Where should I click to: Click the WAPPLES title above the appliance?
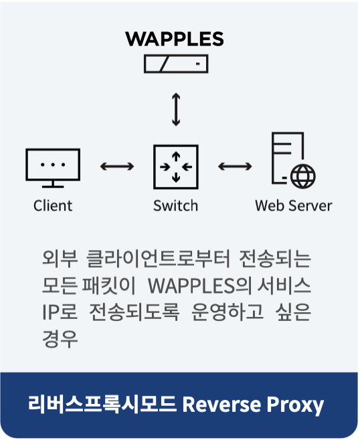pos(175,39)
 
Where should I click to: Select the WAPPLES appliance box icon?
pos(176,64)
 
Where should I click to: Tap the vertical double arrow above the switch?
pos(176,109)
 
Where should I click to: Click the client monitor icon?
pos(53,168)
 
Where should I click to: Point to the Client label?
pos(53,206)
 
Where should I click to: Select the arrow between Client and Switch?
pos(117,167)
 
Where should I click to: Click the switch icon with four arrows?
pos(176,167)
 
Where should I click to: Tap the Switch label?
pos(175,206)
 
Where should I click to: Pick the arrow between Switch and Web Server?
pos(235,167)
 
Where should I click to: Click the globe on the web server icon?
pos(302,177)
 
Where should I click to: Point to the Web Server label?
pos(294,206)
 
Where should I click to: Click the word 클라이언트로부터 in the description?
pos(158,258)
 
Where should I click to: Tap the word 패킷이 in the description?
pos(109,286)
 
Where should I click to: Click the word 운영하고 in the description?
pos(228,312)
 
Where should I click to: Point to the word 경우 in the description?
pos(60,339)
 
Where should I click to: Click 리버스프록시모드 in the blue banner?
pos(102,404)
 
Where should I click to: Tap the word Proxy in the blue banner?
pos(295,405)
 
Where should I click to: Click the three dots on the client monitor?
pos(53,164)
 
